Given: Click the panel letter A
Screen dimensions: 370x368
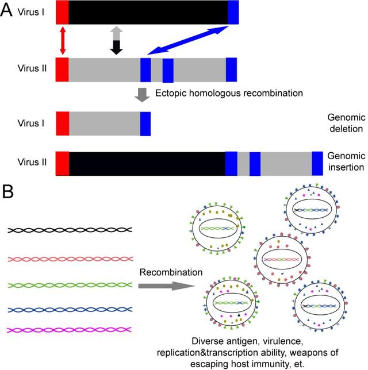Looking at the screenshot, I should coord(10,12).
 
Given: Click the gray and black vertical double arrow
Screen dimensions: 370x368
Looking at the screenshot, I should coord(117,40).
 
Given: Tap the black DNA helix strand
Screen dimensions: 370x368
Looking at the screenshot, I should coord(71,229).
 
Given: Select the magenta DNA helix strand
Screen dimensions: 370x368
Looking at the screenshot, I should coord(71,330).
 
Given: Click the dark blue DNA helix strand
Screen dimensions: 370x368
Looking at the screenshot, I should coord(71,309).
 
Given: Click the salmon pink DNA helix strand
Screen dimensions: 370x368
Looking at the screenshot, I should coord(71,260).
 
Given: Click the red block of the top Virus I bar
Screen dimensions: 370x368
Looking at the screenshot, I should coord(62,13).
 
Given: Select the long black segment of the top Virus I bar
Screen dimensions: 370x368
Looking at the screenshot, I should coord(148,13).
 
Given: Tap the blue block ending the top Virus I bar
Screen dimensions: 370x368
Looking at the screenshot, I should coord(233,13).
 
